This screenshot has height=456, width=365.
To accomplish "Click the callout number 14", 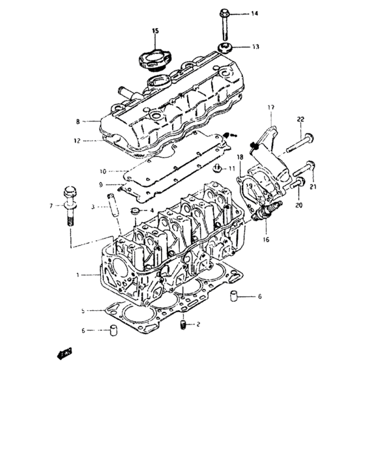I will [254, 14].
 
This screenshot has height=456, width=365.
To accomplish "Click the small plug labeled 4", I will [135, 212].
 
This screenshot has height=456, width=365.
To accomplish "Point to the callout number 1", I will [78, 276].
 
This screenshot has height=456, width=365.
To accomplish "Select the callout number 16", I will [265, 240].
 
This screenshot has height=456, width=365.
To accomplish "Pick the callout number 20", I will [299, 205].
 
